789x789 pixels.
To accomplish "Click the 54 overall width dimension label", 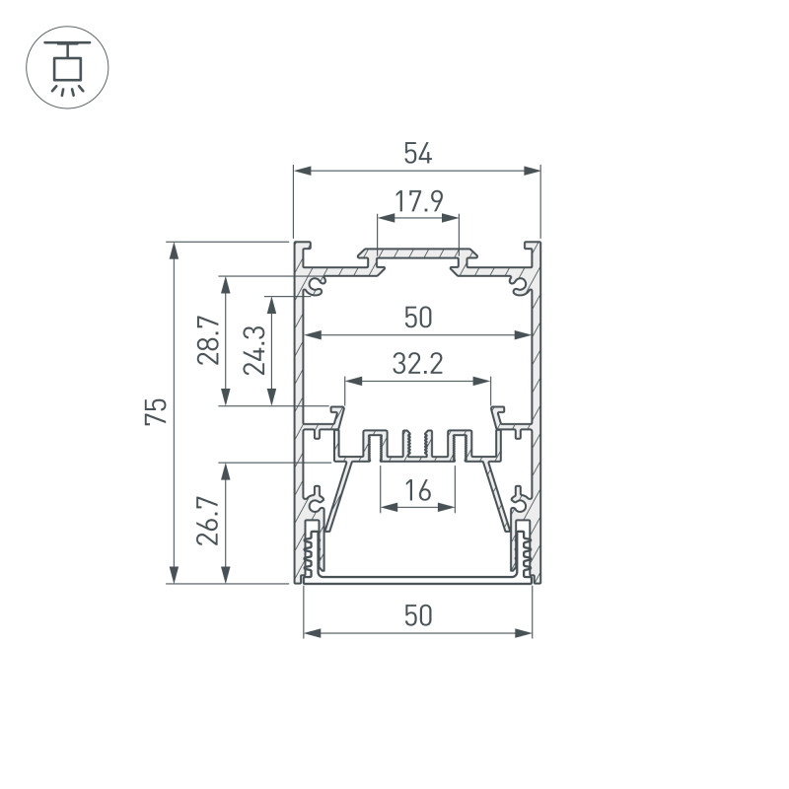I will pyautogui.click(x=418, y=153).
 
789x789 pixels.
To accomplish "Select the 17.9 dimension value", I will pyautogui.click(x=418, y=202).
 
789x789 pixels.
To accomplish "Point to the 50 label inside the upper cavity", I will pyautogui.click(x=418, y=318).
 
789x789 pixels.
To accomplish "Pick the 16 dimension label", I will pyautogui.click(x=418, y=490).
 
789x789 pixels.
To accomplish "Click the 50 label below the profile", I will pyautogui.click(x=418, y=615).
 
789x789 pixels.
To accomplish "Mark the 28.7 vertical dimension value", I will pyautogui.click(x=208, y=340).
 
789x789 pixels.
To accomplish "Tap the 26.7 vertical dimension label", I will pyautogui.click(x=208, y=522).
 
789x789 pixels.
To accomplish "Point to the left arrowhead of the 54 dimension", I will pyautogui.click(x=301, y=172).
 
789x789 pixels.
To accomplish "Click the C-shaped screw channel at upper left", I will pyautogui.click(x=317, y=286).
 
